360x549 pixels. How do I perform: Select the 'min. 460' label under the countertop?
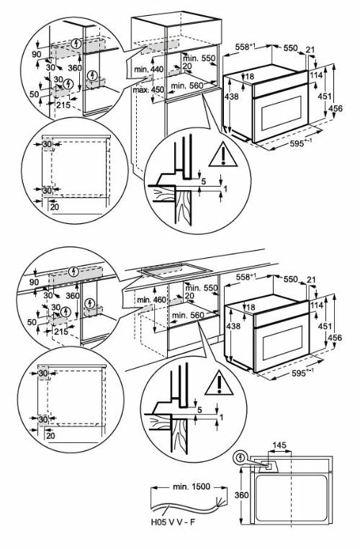pyautogui.click(x=150, y=298)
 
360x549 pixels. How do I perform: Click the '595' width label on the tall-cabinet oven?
pyautogui.click(x=293, y=143)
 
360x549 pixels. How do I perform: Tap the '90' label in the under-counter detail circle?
pyautogui.click(x=33, y=283)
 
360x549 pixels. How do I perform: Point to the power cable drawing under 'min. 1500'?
pyautogui.click(x=184, y=501)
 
